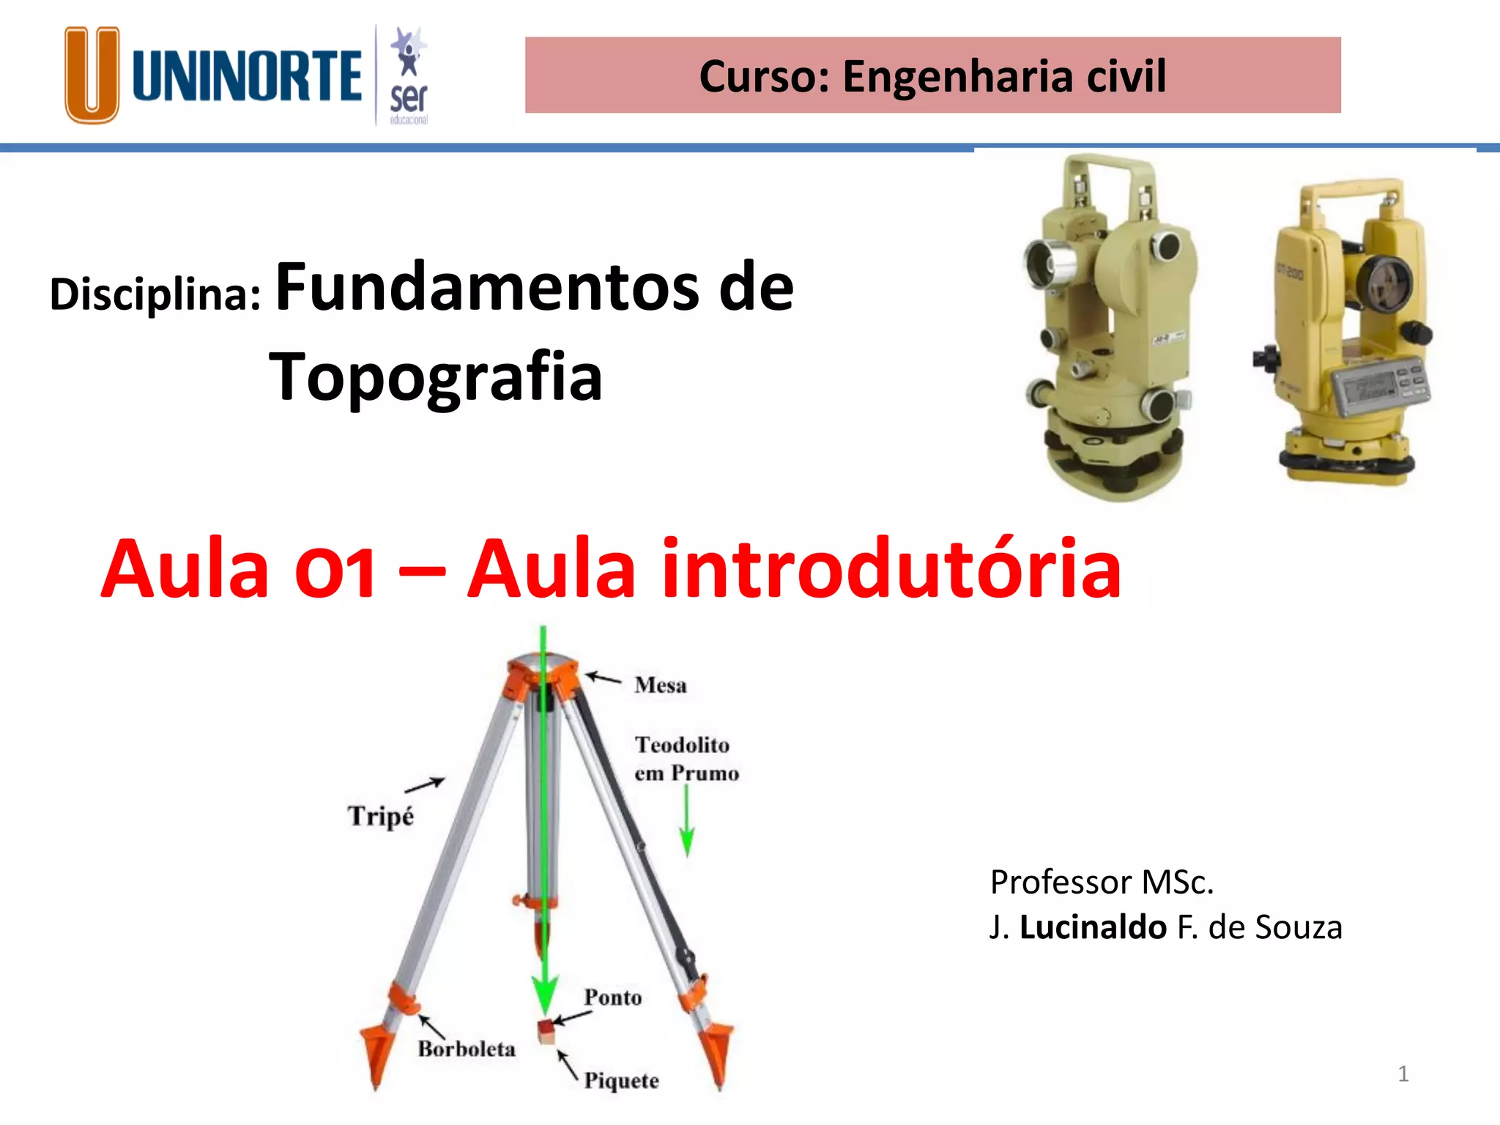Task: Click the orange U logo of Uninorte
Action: (92, 75)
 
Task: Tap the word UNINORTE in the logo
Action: (248, 75)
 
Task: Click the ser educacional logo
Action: (408, 77)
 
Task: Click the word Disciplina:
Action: (155, 294)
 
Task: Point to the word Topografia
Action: (437, 376)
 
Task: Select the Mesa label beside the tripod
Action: (661, 686)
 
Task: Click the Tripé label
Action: (381, 816)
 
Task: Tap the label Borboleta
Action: (467, 1049)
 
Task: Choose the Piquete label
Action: (621, 1080)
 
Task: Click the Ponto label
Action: (613, 998)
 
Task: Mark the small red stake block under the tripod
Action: (546, 1031)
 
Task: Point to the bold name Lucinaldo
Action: (1093, 927)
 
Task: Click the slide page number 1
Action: (1403, 1074)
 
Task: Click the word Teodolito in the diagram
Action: (682, 745)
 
